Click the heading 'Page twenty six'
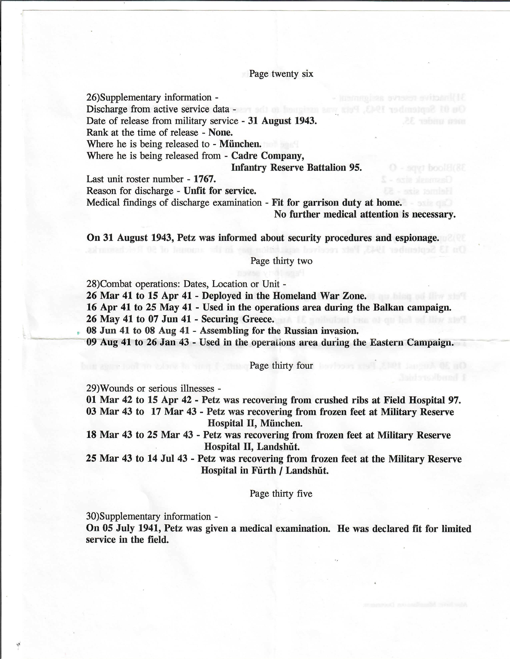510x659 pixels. click(x=281, y=74)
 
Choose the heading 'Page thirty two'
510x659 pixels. click(x=281, y=261)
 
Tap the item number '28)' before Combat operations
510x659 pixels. click(x=93, y=284)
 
